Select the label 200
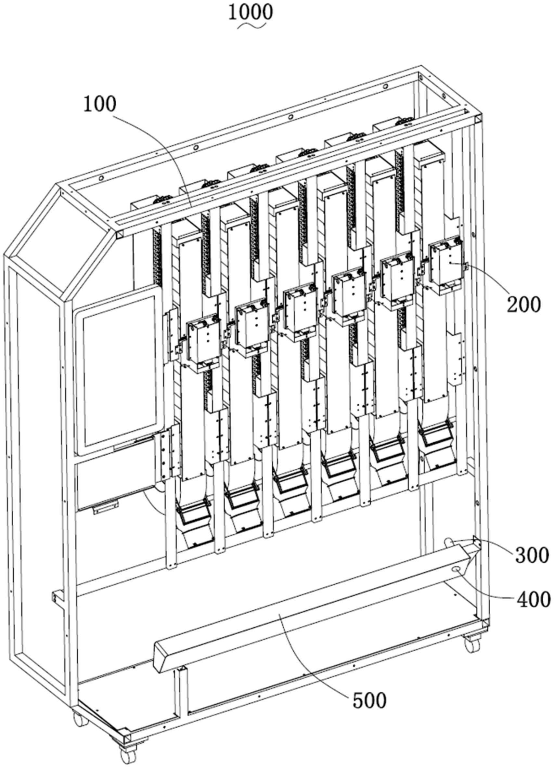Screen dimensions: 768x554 point(523,305)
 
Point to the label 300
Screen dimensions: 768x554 point(531,555)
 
